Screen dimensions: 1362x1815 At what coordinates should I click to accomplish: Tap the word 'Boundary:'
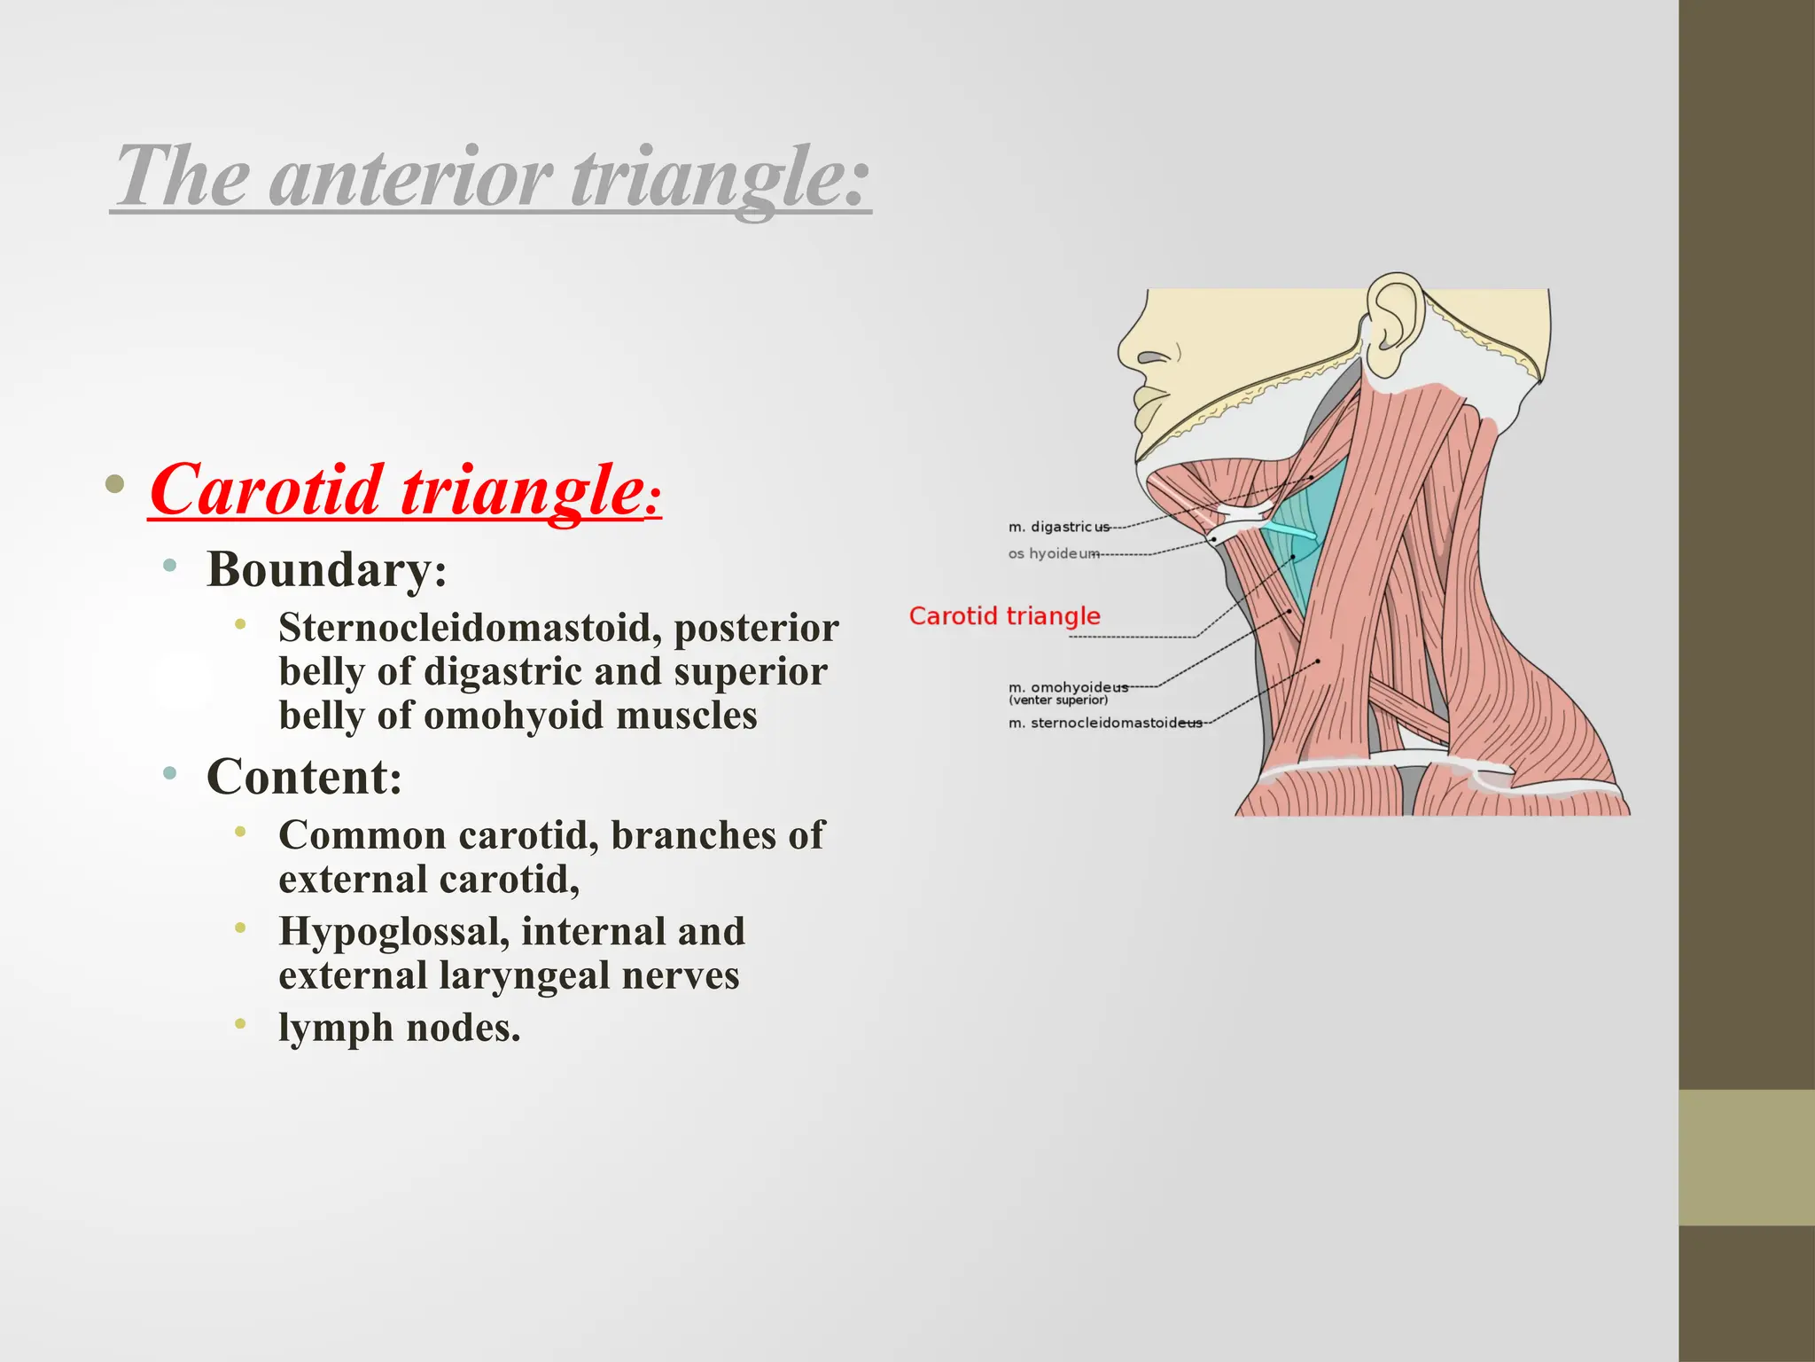coord(326,569)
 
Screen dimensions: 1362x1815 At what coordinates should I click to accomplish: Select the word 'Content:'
coord(304,777)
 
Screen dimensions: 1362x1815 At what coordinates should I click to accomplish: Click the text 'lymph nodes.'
coord(399,1028)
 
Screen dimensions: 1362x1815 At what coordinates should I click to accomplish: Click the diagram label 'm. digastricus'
coord(1058,527)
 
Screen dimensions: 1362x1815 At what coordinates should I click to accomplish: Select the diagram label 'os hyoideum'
coord(1053,553)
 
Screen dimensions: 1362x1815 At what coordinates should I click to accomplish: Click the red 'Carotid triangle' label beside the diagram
coord(1004,615)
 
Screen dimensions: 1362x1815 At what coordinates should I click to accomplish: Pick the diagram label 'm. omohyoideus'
coord(1067,687)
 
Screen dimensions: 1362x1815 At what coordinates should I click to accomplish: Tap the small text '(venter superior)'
coord(1057,701)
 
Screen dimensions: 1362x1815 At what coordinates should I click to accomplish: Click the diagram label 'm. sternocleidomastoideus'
coord(1104,723)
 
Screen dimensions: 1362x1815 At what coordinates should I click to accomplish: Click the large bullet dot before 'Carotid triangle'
coord(114,484)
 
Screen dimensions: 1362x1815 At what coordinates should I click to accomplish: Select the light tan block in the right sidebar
coord(1746,1157)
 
